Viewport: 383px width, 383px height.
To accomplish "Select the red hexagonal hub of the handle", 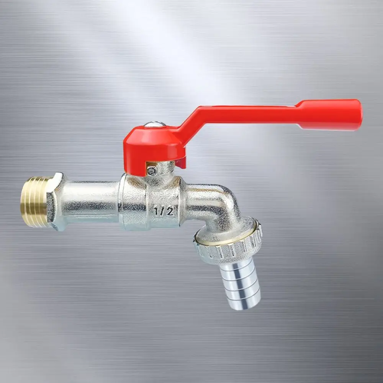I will click(x=153, y=145).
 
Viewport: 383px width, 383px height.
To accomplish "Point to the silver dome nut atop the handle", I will click(x=155, y=124).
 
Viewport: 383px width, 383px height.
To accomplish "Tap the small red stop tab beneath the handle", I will click(x=181, y=163).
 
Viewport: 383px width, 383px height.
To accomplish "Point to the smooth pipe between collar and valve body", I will click(x=90, y=202).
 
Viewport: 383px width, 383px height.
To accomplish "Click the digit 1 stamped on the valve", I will click(x=157, y=211).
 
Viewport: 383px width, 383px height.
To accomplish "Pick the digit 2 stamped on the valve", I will click(x=170, y=210).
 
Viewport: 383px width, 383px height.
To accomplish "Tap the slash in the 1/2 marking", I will click(x=163, y=211).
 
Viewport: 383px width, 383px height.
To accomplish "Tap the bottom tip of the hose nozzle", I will click(x=247, y=304).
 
